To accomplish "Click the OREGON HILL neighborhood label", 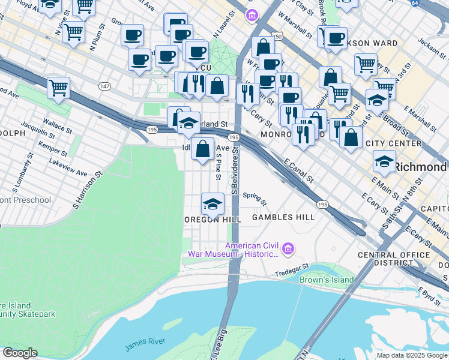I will tap(212, 220).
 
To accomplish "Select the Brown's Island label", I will tap(327, 280).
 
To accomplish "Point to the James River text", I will tap(145, 342).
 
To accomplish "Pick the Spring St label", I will tap(255, 196).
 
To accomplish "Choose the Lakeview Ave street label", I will tap(68, 167).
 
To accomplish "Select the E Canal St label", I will tap(298, 170).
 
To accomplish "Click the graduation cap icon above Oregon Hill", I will tap(212, 204).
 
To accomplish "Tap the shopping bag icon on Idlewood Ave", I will tap(203, 148).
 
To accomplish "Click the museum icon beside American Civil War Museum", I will tap(289, 247).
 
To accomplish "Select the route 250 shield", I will tap(276, 37).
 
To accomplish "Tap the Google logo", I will tap(20, 353).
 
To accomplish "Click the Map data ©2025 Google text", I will tap(411, 355).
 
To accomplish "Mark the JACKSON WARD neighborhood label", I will tap(366, 43).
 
